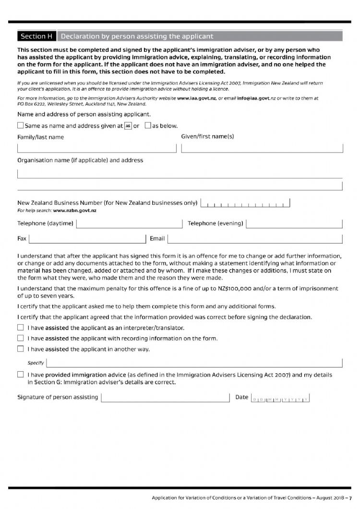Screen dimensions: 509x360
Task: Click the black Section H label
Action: click(36, 36)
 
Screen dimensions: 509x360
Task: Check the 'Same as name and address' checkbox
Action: click(20, 126)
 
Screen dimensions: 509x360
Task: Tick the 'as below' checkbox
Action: click(148, 126)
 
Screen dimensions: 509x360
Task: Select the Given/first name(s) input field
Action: click(262, 148)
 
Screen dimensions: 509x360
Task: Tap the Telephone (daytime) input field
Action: click(129, 224)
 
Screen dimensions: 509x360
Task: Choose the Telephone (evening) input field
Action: click(294, 224)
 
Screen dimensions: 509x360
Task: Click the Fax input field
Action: click(87, 238)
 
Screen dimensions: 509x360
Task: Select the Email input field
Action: click(255, 238)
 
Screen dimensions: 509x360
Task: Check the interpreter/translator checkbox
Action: click(20, 328)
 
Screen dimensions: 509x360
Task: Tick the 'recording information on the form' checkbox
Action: click(20, 338)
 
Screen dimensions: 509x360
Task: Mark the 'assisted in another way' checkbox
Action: click(20, 349)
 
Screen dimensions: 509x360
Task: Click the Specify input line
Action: click(194, 362)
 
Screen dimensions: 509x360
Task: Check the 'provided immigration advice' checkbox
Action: click(20, 374)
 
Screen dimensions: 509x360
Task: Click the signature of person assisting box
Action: click(165, 397)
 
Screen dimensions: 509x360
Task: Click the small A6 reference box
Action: click(128, 126)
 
